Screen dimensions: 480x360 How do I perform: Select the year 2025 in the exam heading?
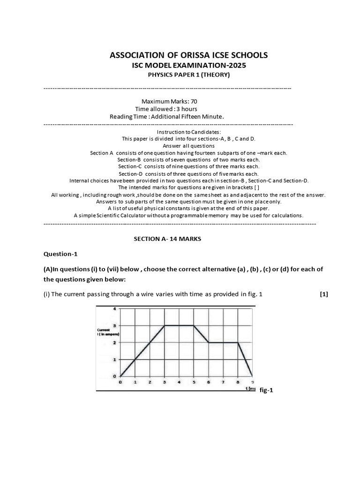coord(234,65)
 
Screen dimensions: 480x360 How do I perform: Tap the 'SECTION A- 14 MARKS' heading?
coord(167,239)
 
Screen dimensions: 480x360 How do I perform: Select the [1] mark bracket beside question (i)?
coord(324,294)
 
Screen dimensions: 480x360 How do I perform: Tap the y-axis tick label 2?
coord(114,343)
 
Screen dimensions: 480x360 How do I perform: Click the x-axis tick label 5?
coord(194,382)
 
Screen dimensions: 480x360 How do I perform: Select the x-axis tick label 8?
coord(238,382)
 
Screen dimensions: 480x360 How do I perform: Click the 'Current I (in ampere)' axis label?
coord(108,332)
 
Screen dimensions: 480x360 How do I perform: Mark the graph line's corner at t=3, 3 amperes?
coord(164,325)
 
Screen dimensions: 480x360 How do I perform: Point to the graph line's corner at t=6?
coord(209,343)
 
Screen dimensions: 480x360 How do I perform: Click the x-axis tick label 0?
coord(120,382)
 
